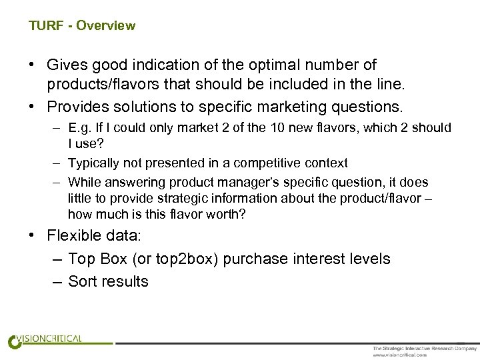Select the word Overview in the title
[x=106, y=26]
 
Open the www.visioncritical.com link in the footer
[x=401, y=355]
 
